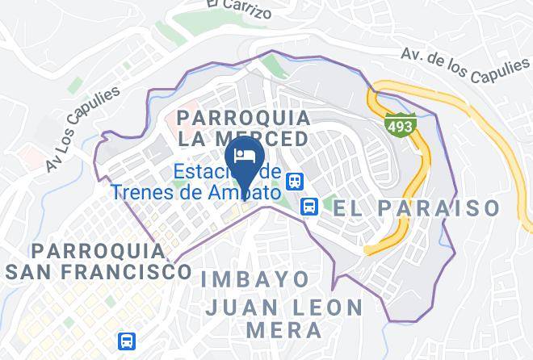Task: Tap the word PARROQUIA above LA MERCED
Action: click(x=243, y=118)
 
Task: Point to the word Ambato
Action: click(x=242, y=193)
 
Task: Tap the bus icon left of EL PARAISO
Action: click(x=308, y=207)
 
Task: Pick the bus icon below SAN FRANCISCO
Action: click(x=125, y=341)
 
